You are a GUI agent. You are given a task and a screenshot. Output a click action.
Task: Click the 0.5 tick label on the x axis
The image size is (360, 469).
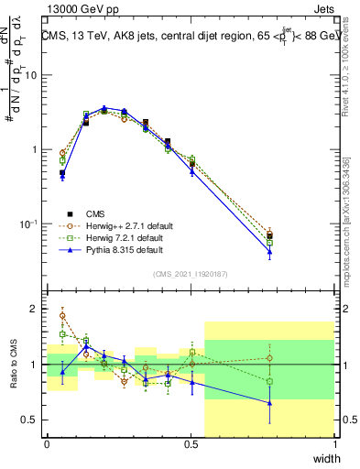pos(191,444)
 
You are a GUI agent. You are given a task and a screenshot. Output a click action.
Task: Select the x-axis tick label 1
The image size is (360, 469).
pos(334,444)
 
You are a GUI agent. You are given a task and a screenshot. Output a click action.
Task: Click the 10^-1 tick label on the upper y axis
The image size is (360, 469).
pos(29,224)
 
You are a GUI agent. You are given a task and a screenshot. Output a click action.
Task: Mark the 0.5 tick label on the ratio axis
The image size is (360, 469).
pos(31,420)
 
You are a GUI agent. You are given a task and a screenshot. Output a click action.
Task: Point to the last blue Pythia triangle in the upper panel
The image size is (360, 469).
pos(269,252)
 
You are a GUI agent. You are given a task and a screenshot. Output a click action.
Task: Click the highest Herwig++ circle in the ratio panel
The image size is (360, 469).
pos(62,316)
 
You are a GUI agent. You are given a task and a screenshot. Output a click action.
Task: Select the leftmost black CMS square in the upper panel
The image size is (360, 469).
pos(62,172)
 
